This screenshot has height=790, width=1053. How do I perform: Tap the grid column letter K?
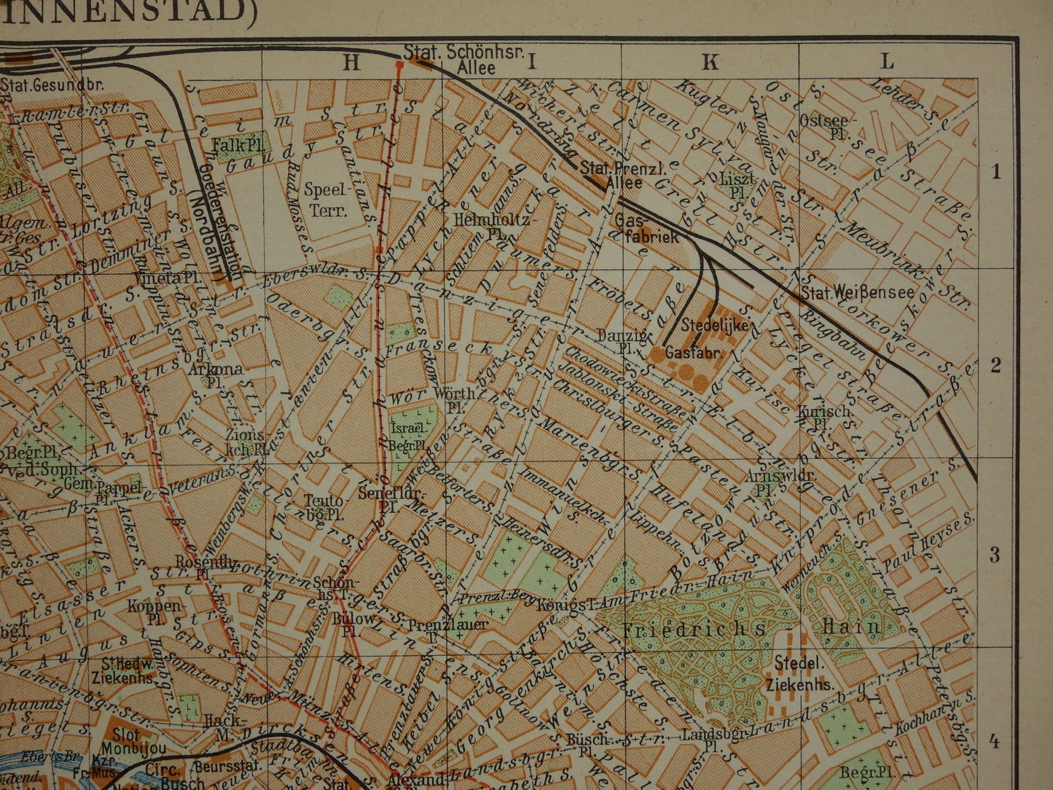click(710, 62)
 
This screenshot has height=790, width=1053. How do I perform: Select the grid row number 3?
click(995, 555)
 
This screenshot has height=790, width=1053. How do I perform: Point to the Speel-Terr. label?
click(325, 200)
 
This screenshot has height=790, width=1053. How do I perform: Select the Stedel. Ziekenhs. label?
click(799, 673)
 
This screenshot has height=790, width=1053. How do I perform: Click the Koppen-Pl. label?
click(154, 612)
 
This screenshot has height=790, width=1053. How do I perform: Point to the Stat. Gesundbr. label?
click(52, 85)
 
